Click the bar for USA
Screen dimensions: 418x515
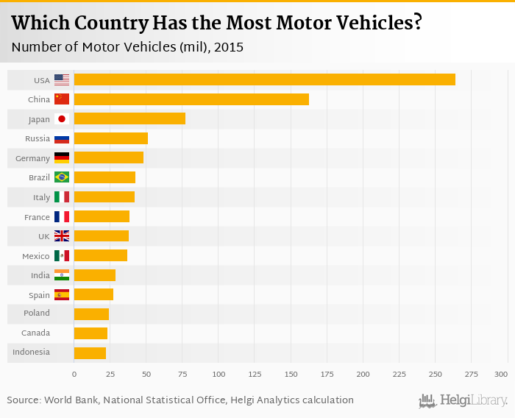tap(265, 79)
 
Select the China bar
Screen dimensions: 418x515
tap(191, 99)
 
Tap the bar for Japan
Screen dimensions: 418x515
tap(129, 118)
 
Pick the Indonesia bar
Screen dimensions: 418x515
tap(90, 353)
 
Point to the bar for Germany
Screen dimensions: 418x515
tap(109, 157)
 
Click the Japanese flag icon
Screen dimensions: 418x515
tap(62, 118)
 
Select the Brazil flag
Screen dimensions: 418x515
tap(62, 177)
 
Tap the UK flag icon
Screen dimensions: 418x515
tap(62, 236)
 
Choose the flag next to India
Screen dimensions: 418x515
tap(62, 275)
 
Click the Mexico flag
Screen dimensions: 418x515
tap(62, 255)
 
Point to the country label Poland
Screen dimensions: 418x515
tap(36, 313)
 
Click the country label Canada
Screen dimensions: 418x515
tap(36, 333)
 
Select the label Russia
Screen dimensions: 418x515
tap(38, 138)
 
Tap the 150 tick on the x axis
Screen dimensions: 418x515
tap(291, 375)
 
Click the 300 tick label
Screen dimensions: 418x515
tap(501, 375)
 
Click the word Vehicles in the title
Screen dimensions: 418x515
tap(369, 23)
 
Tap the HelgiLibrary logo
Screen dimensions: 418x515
tap(463, 400)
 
